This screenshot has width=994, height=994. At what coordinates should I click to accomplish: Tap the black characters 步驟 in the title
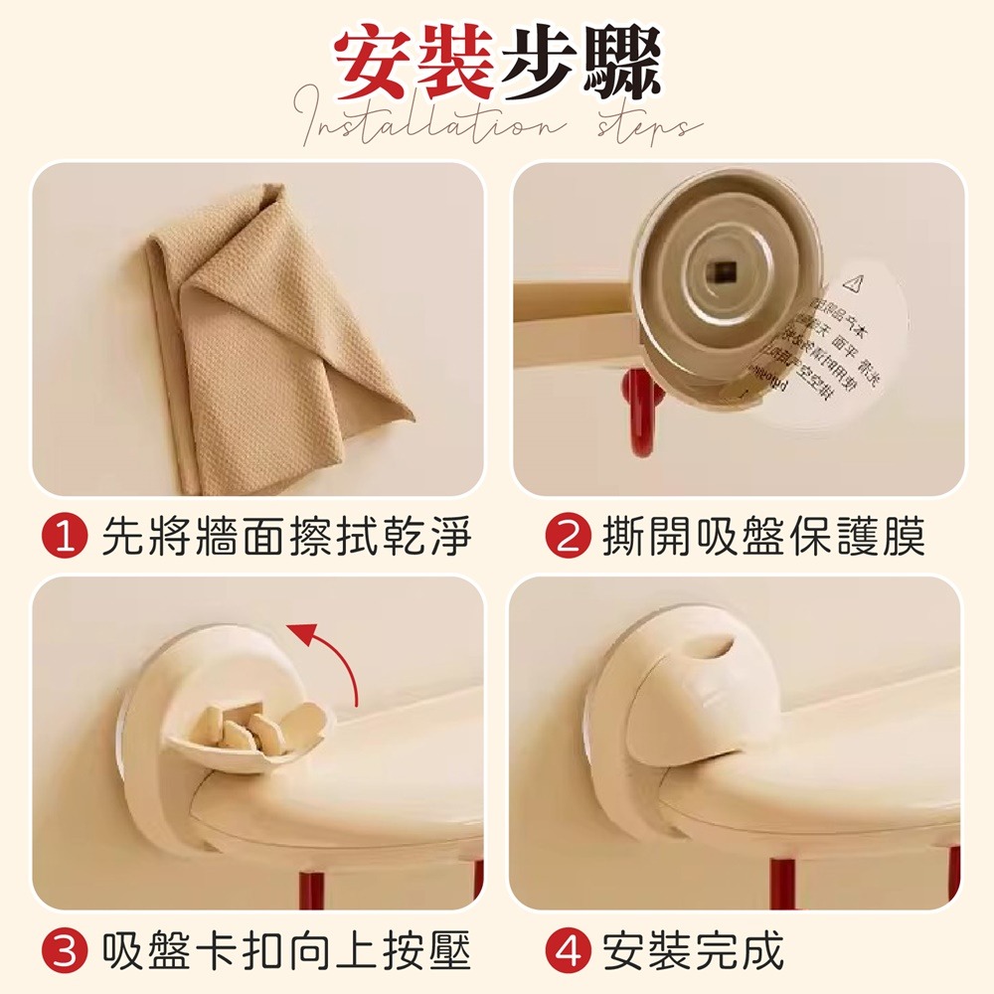pyautogui.click(x=580, y=65)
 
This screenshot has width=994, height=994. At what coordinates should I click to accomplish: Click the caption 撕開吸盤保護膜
pyautogui.click(x=763, y=538)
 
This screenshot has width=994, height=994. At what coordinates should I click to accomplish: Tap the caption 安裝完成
pyautogui.click(x=694, y=951)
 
